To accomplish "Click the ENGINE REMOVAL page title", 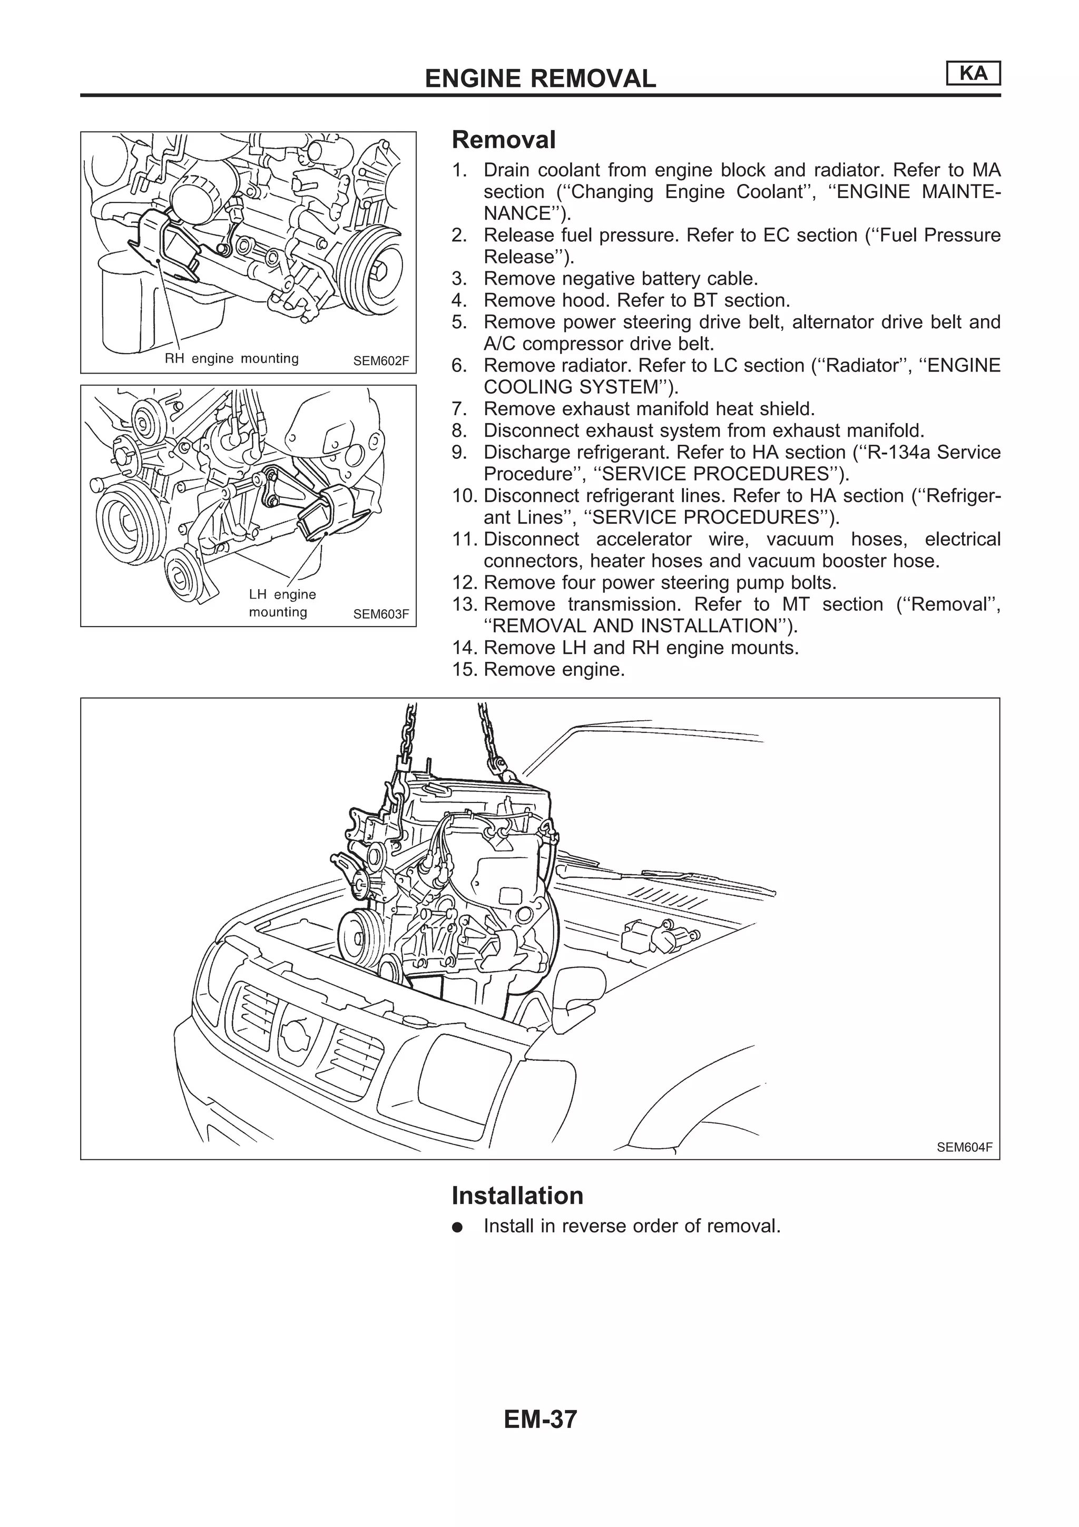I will [540, 79].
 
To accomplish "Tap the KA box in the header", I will [973, 74].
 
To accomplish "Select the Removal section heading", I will [503, 140].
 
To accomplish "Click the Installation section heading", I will [517, 1195].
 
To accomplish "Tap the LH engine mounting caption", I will [282, 603].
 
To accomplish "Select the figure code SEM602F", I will [380, 361].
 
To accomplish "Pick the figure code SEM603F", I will [380, 614].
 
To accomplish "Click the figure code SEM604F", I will [964, 1147].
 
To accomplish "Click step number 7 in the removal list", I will [459, 409].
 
